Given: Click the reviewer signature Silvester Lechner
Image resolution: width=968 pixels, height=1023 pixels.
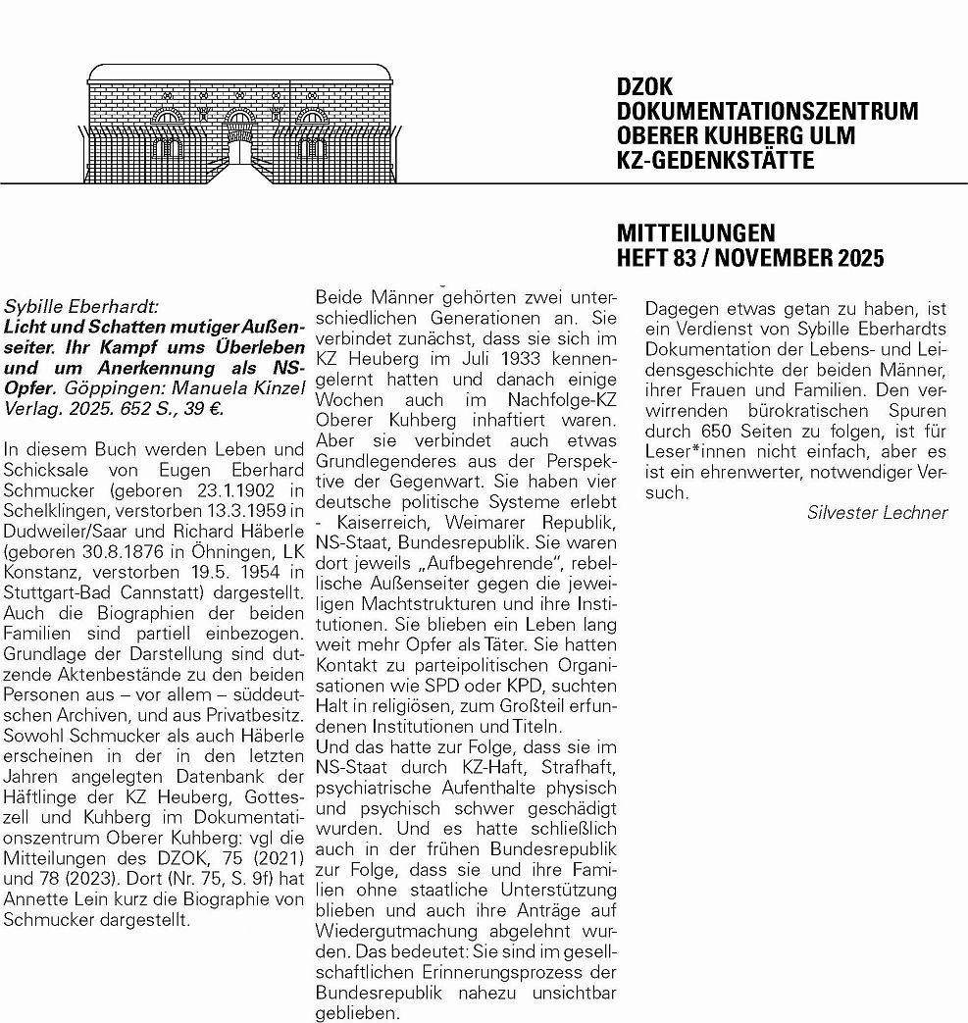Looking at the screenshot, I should pos(878,512).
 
